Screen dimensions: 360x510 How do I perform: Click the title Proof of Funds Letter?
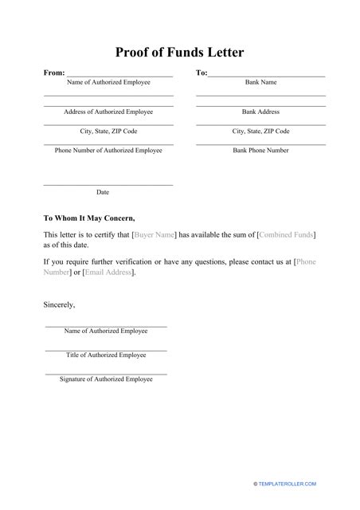[x=180, y=53]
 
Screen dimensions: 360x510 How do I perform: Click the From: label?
[x=54, y=73]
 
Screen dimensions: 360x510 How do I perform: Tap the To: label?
[x=202, y=73]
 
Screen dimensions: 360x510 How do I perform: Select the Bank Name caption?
[x=260, y=82]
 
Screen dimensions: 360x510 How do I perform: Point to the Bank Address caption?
[x=260, y=112]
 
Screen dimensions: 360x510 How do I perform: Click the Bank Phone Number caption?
[x=260, y=150]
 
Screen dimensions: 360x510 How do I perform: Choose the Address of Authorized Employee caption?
[x=108, y=112]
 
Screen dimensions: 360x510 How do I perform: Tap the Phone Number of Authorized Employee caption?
[x=108, y=150]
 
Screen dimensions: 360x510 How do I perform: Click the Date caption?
[x=103, y=192]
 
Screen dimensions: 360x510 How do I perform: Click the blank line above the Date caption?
[x=108, y=185]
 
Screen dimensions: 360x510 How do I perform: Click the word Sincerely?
[x=59, y=304]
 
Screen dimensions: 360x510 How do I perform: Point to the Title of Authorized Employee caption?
[x=106, y=355]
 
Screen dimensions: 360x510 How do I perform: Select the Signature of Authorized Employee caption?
[x=106, y=379]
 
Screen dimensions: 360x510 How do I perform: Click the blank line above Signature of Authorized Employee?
[x=106, y=373]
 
